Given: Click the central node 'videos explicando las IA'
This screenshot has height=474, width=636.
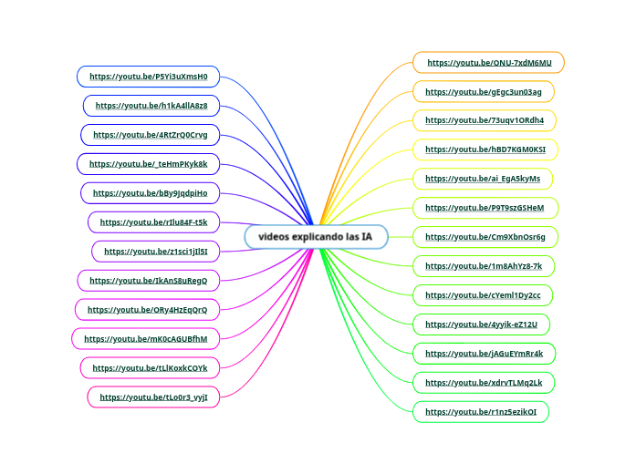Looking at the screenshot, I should (x=316, y=237).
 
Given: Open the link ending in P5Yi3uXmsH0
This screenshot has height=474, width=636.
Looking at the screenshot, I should (x=149, y=77).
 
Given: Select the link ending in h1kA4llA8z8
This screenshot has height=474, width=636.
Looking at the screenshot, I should (x=151, y=106).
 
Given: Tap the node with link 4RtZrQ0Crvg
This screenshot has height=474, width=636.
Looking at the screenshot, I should (x=151, y=135).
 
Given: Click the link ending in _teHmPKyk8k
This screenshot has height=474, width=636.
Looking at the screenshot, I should (x=149, y=164).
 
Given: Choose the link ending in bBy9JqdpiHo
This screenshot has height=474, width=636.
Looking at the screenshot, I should (x=150, y=193).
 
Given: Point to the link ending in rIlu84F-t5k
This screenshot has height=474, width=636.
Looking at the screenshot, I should (x=153, y=222).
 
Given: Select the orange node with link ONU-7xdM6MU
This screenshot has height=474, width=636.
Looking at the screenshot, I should (x=489, y=63).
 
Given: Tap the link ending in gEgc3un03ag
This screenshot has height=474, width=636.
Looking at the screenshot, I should (x=484, y=92).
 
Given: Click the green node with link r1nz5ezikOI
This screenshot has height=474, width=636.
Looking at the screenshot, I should (x=481, y=412).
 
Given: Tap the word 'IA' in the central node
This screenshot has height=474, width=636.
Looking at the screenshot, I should (x=367, y=237).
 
